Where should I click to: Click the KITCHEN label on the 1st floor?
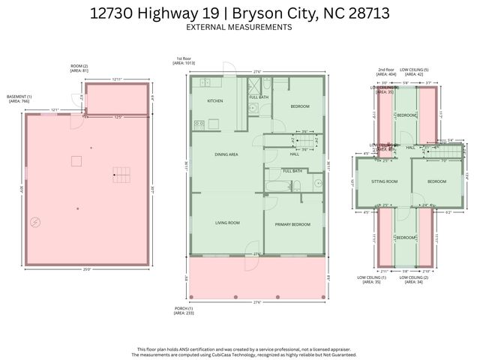[215, 100]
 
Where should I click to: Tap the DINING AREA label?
[226, 154]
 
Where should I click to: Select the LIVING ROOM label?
[226, 223]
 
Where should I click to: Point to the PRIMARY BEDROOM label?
[292, 225]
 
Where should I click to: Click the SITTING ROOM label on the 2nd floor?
[385, 181]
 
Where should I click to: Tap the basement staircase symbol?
[121, 176]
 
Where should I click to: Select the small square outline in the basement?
[76, 160]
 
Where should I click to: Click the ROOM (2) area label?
[79, 68]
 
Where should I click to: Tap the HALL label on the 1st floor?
[294, 154]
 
